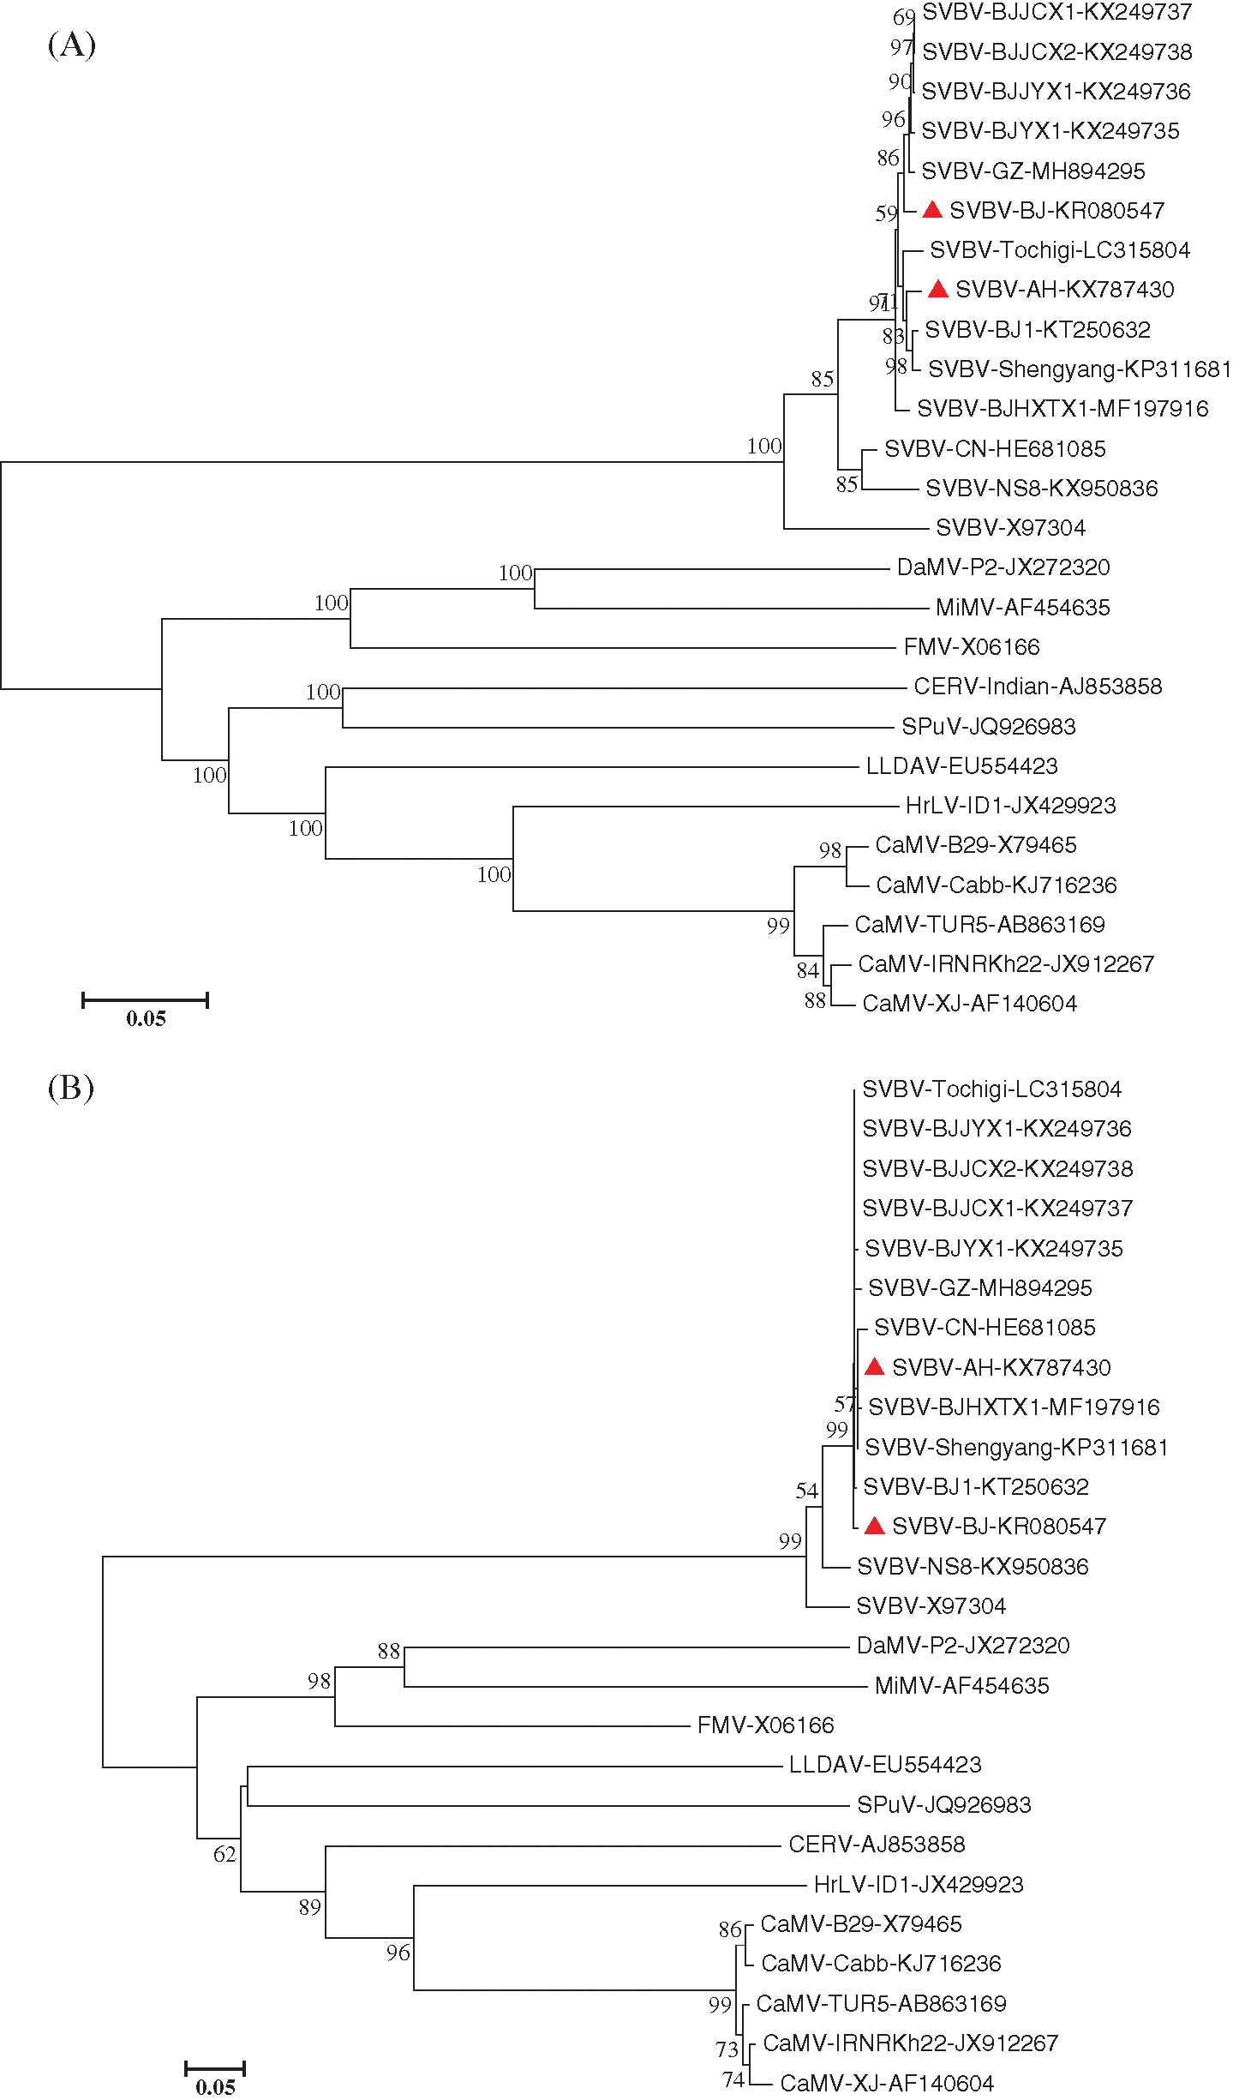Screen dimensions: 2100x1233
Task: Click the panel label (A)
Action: click(72, 45)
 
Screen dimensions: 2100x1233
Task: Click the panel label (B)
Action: click(71, 1088)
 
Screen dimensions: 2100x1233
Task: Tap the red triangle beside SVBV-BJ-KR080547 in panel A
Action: click(932, 210)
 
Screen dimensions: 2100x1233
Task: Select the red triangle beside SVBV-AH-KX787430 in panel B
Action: click(874, 1367)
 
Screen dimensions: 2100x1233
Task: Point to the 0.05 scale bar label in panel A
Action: click(146, 1019)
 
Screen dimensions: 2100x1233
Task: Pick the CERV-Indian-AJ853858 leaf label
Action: click(1038, 687)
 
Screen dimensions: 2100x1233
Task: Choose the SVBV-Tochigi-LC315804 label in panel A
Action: click(1060, 250)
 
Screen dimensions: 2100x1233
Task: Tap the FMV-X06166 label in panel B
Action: click(765, 1725)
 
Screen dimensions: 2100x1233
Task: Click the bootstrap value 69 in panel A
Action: click(904, 17)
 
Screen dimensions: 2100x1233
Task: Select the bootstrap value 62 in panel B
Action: click(224, 1854)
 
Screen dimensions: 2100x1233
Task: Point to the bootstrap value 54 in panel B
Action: click(806, 1491)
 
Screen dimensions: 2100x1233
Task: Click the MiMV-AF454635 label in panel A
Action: click(1022, 608)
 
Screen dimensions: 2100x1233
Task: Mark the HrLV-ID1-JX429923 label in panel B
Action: click(919, 1884)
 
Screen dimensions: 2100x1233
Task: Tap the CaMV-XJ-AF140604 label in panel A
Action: click(969, 1004)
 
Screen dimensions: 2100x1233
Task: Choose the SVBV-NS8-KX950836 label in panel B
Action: click(973, 1567)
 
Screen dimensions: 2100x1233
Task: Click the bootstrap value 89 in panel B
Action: click(309, 1907)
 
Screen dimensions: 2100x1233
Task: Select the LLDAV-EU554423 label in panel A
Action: click(961, 766)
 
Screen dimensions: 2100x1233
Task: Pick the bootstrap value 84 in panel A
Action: click(808, 970)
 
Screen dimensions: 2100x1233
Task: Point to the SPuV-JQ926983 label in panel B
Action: click(944, 1804)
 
